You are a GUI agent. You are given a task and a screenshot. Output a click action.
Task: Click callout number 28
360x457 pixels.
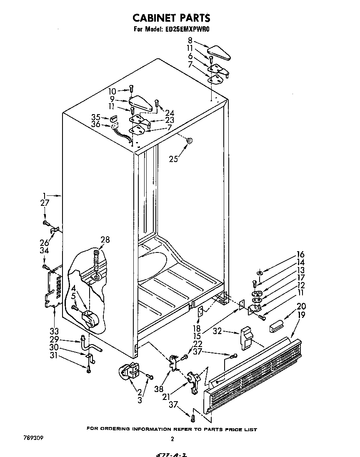click(x=105, y=239)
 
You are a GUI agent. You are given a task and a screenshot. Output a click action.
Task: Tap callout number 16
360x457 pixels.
click(x=301, y=255)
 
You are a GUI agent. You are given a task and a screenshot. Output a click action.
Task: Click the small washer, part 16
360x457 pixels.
click(x=259, y=273)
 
